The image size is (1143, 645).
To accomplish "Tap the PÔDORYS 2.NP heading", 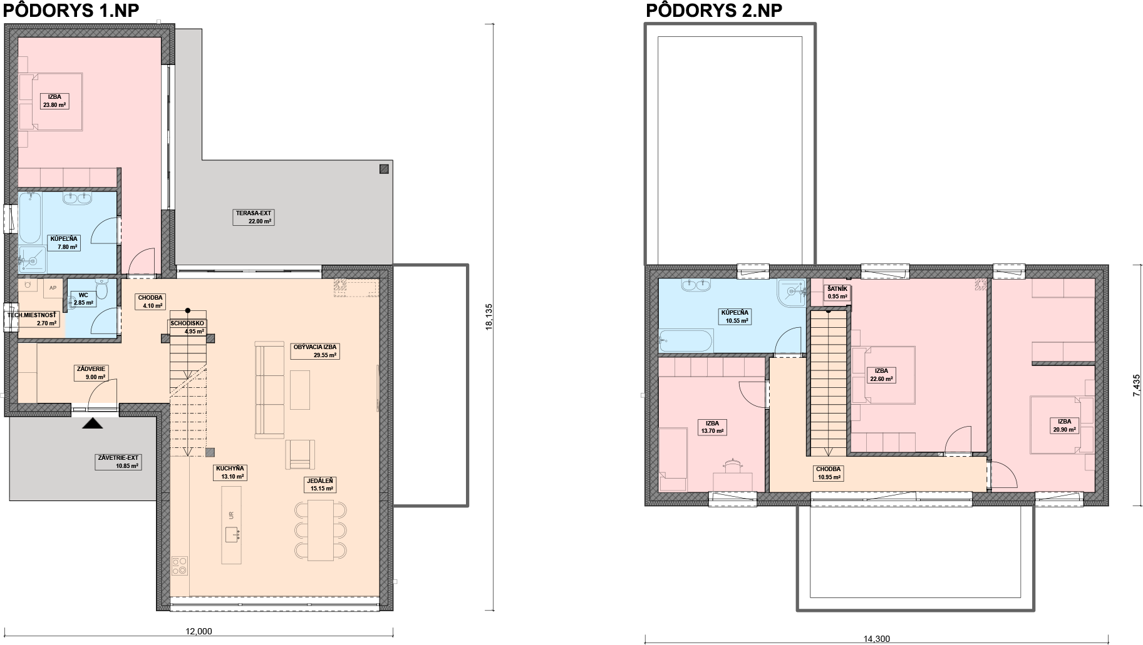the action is [x=714, y=11].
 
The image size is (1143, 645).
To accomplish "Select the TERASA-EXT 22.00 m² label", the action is [x=254, y=217].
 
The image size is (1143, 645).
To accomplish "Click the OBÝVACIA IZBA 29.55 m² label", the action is [x=315, y=350].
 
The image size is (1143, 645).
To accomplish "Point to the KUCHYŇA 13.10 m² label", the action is [x=230, y=472].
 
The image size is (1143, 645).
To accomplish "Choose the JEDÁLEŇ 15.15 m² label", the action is [x=319, y=484].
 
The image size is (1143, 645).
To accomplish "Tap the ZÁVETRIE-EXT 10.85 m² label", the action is [x=117, y=462].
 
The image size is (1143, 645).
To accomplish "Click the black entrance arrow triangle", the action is [x=93, y=424].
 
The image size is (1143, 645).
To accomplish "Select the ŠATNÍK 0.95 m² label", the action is [x=837, y=293].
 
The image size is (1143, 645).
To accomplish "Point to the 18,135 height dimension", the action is [x=490, y=317].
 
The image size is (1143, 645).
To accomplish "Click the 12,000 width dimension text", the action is [x=199, y=631].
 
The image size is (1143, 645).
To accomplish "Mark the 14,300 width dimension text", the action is [x=876, y=639].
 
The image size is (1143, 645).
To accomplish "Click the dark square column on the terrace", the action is [x=384, y=168].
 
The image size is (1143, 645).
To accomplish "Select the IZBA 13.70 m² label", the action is [x=711, y=427].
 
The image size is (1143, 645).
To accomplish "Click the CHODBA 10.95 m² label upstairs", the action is [x=829, y=473].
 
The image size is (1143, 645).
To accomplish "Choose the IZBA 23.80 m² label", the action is [x=54, y=101].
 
